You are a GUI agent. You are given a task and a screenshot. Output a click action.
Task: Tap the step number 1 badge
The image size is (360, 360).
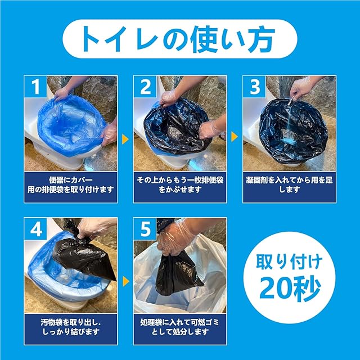35,87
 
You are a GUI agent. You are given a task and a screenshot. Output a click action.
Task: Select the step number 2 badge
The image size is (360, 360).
145,87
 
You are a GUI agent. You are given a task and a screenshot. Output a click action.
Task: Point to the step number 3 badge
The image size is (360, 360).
254,87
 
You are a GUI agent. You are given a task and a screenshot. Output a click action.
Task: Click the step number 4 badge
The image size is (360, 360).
35,229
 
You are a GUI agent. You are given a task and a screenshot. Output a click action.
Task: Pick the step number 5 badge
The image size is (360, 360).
145,229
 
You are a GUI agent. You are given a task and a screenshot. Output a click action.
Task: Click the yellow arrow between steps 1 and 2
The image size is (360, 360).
125,139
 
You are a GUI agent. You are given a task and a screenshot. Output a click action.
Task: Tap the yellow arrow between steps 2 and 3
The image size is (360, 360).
235,137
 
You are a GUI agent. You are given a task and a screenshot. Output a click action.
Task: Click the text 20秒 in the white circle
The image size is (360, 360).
290,288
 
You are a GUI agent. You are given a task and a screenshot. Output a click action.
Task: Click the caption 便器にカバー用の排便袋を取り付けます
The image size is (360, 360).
71,185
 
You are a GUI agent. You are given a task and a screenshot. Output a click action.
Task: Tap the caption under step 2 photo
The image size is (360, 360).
180,185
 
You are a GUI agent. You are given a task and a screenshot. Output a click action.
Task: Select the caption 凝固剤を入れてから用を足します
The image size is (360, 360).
289,185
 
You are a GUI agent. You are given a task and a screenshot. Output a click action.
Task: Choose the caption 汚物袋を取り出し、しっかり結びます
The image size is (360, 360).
71,327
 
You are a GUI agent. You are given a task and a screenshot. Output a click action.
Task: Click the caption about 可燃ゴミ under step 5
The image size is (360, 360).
180,327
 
